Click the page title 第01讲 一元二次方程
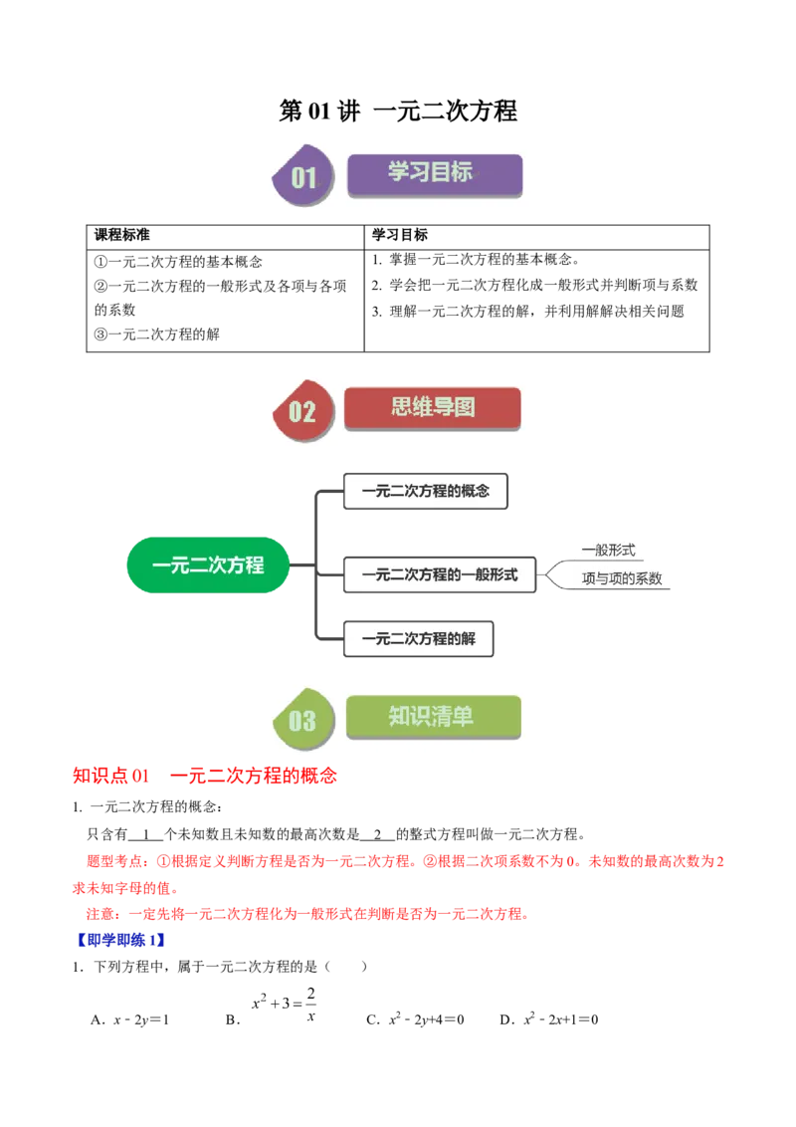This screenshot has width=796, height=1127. pos(398,111)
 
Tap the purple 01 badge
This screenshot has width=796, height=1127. pos(303,174)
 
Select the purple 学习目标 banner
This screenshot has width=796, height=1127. pos(435,174)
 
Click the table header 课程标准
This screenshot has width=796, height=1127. pos(122,235)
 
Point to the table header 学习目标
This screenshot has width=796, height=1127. pos(399,235)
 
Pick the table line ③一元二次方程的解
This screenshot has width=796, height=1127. pos(156,335)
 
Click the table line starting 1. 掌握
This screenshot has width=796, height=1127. pos(476,260)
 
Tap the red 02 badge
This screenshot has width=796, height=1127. pos(303,410)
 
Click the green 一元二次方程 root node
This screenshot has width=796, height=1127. pos(208,564)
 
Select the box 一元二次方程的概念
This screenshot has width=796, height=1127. pos(426,492)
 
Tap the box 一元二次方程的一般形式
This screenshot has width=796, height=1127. pos(440,575)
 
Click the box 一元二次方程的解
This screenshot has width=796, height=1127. pos(419,639)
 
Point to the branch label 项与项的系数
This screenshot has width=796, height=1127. pos(622,578)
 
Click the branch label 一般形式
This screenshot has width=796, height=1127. pos(609,550)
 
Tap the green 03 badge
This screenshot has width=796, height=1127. pos(303,719)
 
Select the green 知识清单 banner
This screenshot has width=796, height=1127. pos(433,717)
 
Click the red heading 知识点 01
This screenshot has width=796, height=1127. pos(110,776)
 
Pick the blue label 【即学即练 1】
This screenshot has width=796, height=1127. pos(120,940)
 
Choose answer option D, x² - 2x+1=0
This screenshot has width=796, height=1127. pos(549,1018)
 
